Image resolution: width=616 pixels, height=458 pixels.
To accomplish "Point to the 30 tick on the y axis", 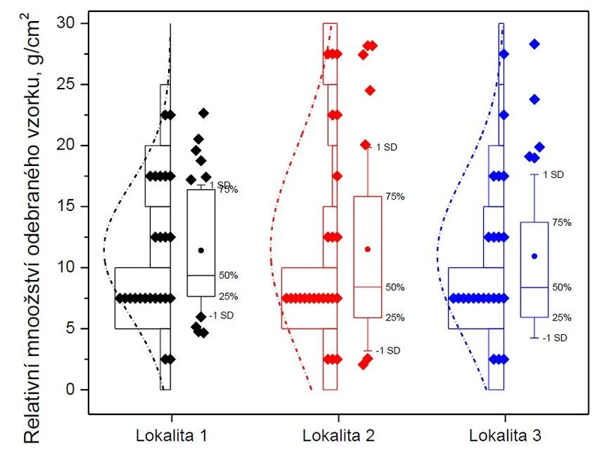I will click(x=68, y=23).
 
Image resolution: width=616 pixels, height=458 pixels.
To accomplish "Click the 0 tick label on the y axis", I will click(x=73, y=390).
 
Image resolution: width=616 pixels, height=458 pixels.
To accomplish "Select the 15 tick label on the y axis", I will click(x=68, y=206).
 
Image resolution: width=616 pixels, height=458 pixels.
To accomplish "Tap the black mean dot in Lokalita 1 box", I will click(x=201, y=250).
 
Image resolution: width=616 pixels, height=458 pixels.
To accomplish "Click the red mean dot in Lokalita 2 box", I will click(x=367, y=249).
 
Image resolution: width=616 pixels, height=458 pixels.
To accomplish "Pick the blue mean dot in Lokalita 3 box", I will click(x=534, y=256).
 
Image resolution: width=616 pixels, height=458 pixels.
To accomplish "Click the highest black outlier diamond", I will click(x=203, y=113).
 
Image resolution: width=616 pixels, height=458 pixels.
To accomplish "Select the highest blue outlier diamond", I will click(x=534, y=44).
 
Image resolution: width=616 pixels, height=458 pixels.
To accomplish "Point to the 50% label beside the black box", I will click(x=228, y=276).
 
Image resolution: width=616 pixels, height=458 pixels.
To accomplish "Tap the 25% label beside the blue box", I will click(x=562, y=318).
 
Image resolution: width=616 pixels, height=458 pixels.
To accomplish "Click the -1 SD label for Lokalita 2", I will click(x=389, y=351).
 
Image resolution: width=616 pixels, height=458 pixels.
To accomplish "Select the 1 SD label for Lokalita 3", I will click(x=553, y=175).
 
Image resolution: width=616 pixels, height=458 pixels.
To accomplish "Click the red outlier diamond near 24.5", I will click(x=370, y=90).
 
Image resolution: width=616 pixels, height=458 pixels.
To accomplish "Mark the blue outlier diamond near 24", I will click(x=534, y=99).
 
